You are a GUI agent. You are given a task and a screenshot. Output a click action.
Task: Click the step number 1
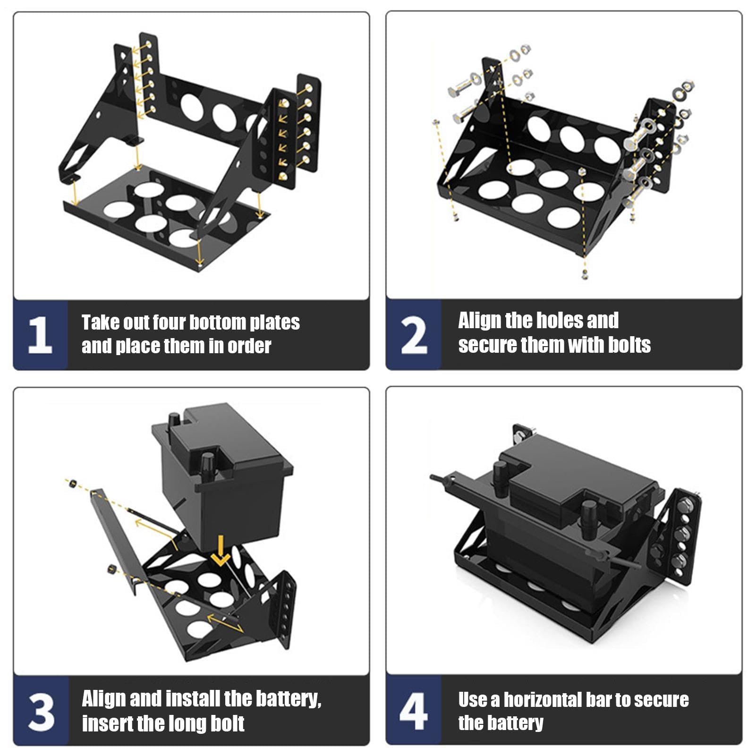pyautogui.click(x=40, y=335)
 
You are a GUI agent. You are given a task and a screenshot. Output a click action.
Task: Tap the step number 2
pyautogui.click(x=414, y=335)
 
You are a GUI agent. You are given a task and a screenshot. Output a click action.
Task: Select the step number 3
pyautogui.click(x=41, y=712)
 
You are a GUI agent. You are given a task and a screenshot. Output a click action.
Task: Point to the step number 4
pyautogui.click(x=414, y=711)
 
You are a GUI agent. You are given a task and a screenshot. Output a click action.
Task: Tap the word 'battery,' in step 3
pyautogui.click(x=288, y=699)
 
